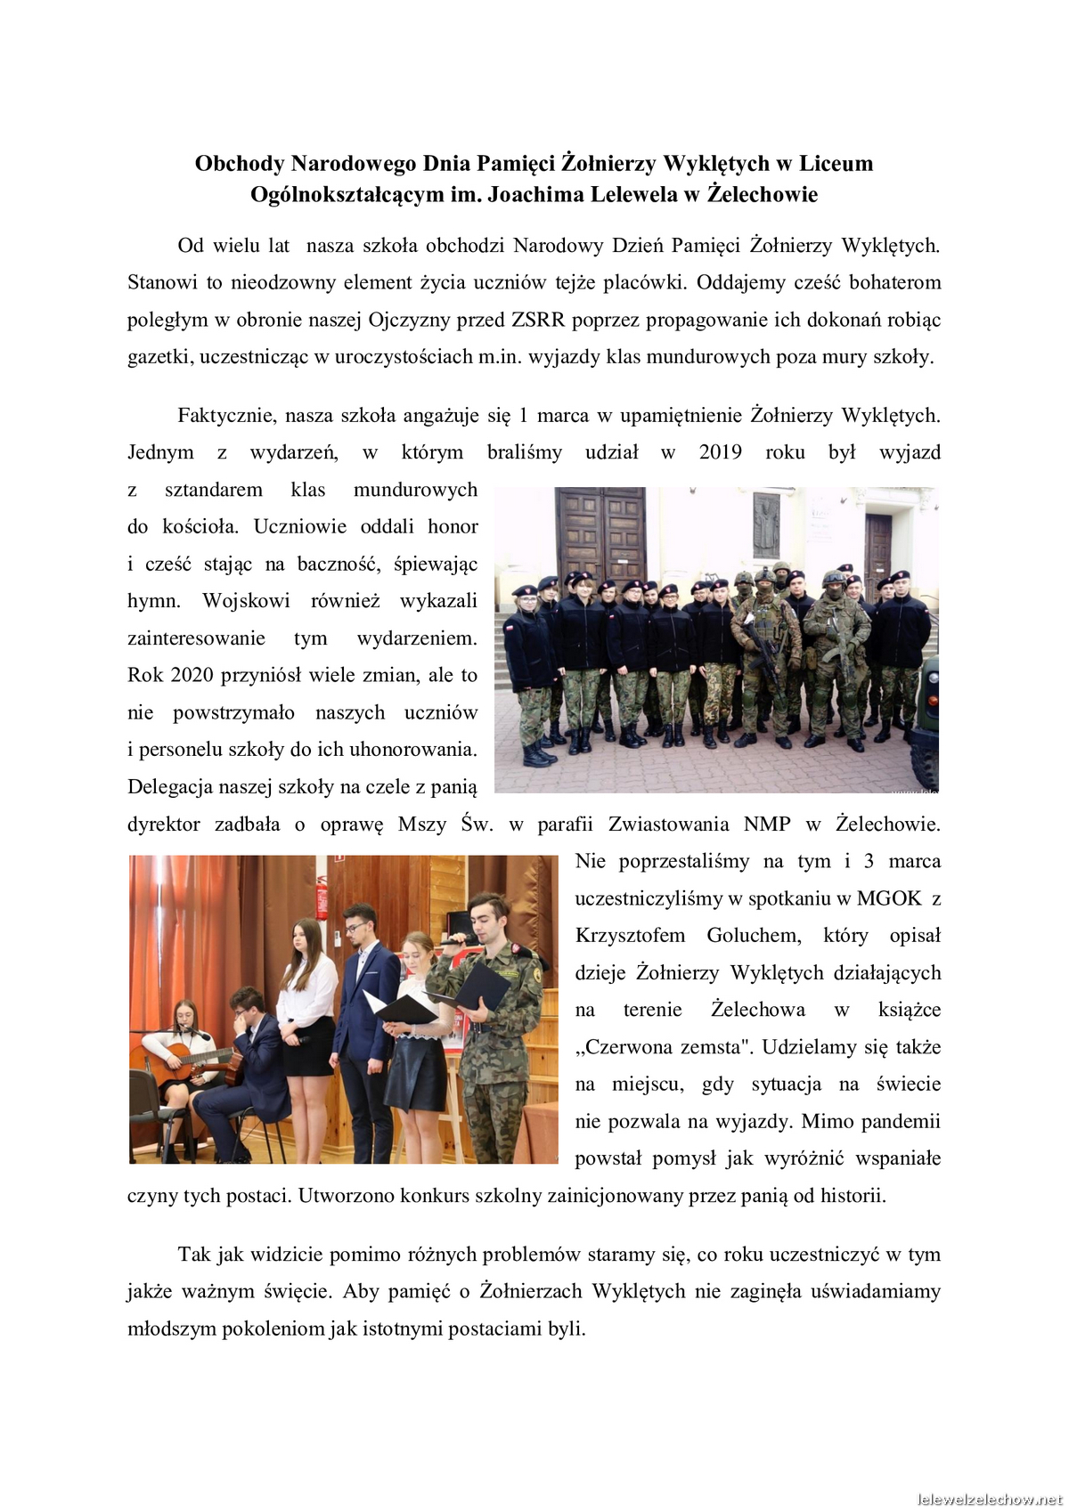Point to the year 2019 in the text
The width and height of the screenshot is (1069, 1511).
720,452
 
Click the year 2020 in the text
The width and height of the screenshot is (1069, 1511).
192,675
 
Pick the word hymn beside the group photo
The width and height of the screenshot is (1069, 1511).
152,601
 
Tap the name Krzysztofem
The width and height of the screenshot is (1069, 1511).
630,936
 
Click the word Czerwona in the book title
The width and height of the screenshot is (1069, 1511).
623,1047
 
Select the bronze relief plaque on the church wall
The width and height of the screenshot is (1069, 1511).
766,526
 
